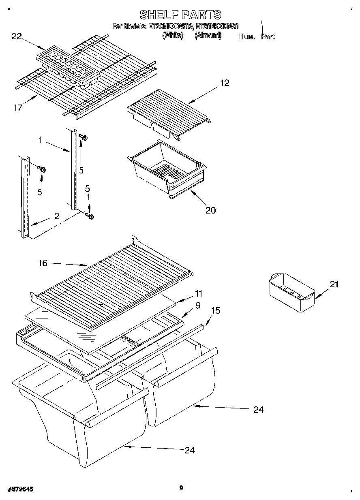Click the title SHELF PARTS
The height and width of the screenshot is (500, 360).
pos(180,15)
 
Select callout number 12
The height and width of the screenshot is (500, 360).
pos(224,83)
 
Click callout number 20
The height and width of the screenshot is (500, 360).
pos(210,210)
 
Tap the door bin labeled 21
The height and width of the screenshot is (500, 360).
pos(291,291)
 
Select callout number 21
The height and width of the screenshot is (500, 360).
pos(334,284)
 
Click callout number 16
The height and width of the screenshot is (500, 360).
pos(43,263)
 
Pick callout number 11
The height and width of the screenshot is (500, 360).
pos(198,293)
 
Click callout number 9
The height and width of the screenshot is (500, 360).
pos(197,306)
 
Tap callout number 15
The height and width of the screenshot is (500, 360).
pos(216,310)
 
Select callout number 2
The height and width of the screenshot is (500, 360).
pos(56,216)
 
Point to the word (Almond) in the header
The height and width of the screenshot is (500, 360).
pos(208,36)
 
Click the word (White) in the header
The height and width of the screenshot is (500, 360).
pos(173,36)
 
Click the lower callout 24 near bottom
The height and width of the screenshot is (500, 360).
pos(189,450)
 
